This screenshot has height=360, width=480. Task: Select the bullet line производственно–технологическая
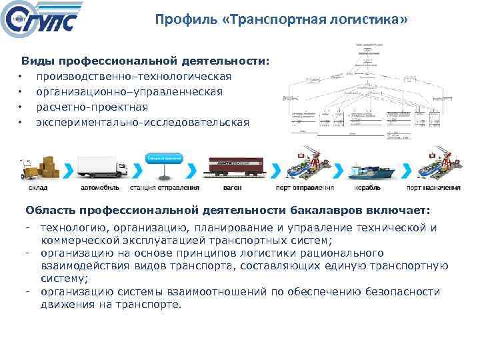134,76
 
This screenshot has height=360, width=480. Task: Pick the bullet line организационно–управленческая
129,91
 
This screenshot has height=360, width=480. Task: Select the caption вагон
233,190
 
